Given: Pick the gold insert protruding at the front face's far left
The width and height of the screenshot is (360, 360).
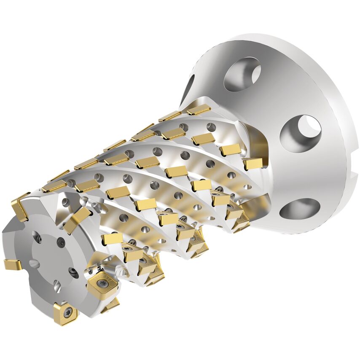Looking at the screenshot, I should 12,265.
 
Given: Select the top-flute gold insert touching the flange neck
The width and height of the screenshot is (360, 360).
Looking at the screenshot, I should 199,109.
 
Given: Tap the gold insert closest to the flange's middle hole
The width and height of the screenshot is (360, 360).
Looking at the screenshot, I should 253,164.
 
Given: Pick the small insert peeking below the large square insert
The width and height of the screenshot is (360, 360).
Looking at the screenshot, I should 111,304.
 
